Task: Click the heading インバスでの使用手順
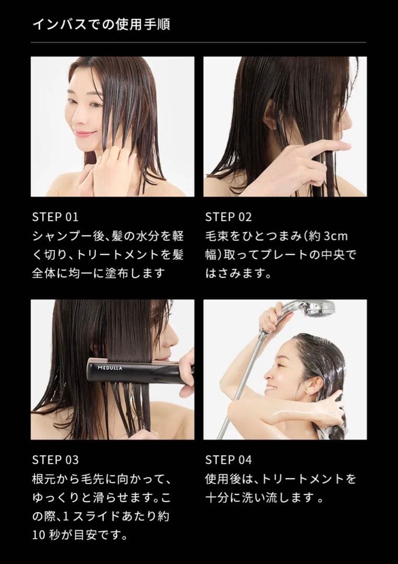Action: click(101, 24)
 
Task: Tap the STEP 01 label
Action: click(55, 217)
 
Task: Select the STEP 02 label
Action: click(228, 217)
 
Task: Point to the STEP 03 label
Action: click(55, 460)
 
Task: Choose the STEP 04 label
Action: click(228, 460)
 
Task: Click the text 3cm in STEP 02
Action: click(335, 236)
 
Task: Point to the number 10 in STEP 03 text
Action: click(39, 535)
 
